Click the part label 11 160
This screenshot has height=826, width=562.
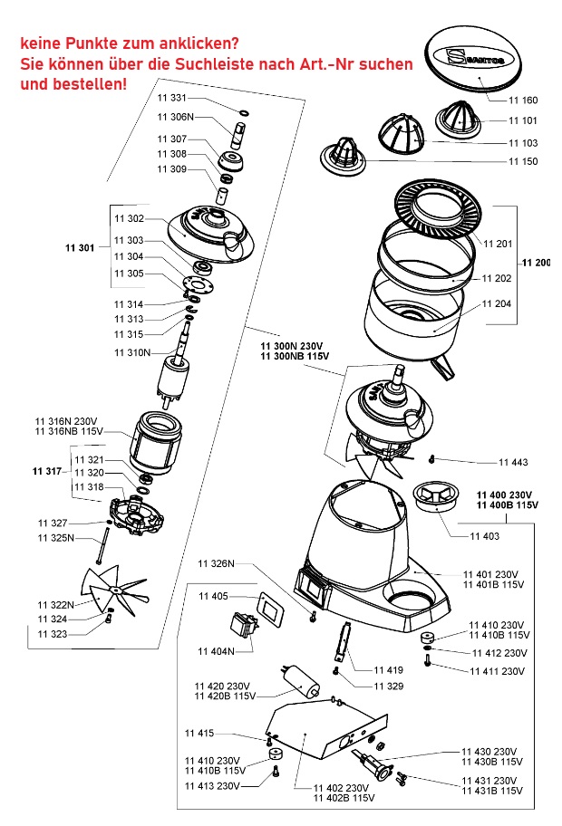pos(523,100)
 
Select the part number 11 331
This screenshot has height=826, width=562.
pos(172,98)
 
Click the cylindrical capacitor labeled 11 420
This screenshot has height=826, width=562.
pos(301,681)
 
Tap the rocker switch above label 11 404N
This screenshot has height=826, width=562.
pos(243,627)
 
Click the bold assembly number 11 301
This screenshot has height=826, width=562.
pos(81,247)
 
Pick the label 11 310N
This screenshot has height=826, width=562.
pos(132,351)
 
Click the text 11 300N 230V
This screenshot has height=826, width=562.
pos(291,345)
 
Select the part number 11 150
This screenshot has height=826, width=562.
pos(523,161)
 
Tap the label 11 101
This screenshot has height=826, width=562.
pos(523,120)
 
